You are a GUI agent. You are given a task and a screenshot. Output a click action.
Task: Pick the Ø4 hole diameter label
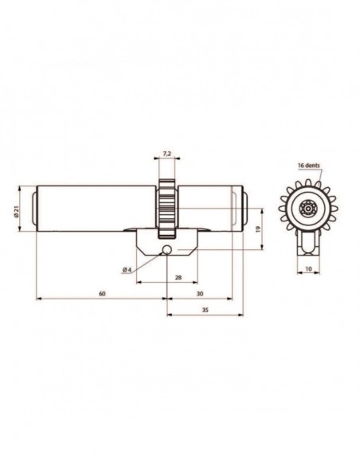(127, 270)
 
